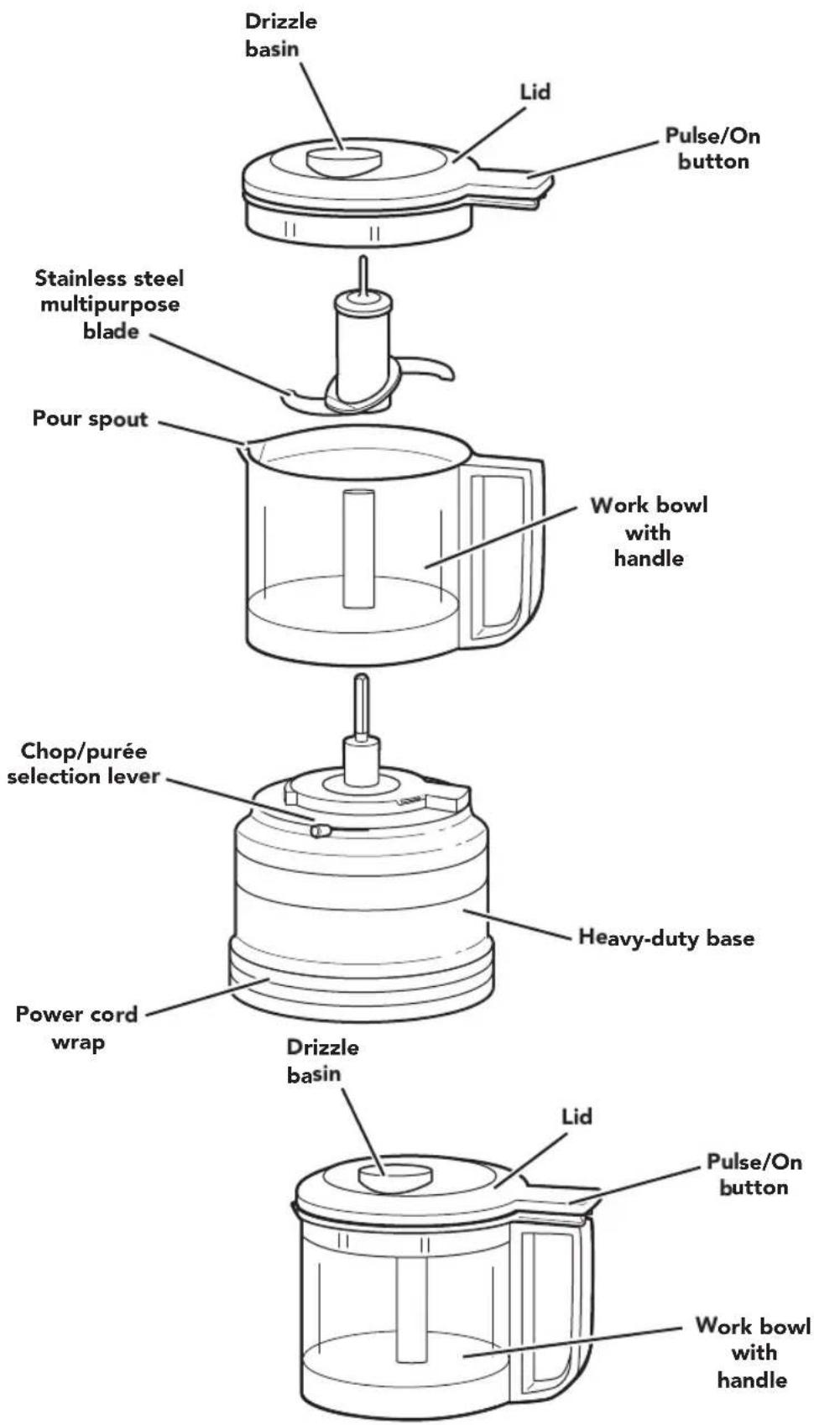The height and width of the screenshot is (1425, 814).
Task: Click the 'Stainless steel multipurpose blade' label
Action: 109,305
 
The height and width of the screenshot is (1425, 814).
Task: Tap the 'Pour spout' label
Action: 90,419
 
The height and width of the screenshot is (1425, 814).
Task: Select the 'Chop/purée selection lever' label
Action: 83,764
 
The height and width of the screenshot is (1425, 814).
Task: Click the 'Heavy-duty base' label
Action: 665,937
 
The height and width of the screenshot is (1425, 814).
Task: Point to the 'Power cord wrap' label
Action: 77,1028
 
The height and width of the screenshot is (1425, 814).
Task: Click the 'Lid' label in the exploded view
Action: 535,92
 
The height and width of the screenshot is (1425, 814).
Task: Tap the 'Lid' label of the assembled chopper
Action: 577,1116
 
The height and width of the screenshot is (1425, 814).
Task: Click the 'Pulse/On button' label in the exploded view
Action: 712,149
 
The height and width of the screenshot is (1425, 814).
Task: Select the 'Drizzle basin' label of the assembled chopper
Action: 322,1061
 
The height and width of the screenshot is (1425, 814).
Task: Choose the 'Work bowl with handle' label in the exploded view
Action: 649,532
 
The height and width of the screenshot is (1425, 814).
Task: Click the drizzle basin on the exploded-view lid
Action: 344,159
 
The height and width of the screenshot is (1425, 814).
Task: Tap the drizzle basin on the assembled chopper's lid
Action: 395,1177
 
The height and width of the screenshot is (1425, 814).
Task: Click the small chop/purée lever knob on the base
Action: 319,830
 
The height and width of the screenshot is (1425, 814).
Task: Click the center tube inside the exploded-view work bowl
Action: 358,548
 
